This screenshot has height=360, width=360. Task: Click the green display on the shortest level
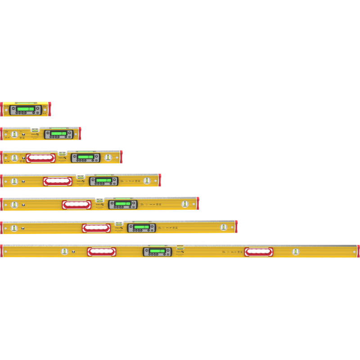click(26, 109)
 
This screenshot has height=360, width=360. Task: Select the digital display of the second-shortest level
click(58, 133)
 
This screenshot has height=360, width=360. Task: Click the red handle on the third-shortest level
click(41, 158)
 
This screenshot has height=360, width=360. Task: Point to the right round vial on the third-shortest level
click(108, 157)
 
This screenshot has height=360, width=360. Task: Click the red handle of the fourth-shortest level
click(57, 181)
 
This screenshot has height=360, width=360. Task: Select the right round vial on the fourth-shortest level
click(147, 181)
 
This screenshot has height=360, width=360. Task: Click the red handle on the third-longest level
click(76, 205)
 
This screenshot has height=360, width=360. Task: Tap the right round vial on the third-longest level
click(185, 204)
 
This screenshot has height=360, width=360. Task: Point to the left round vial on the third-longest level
click(14, 205)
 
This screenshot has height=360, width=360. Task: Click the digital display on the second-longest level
click(141, 228)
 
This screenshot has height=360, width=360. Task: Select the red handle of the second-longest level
click(96, 228)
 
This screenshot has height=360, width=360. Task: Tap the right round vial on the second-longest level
click(224, 228)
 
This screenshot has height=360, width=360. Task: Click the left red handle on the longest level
click(101, 252)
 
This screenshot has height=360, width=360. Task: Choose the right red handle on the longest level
click(258, 252)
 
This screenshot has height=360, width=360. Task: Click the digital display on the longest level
click(157, 251)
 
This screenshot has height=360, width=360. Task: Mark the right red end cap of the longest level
click(358, 251)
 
